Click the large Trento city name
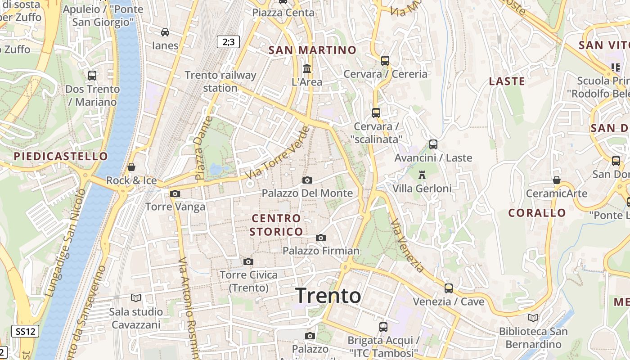(x=328, y=296)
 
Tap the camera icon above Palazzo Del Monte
(x=307, y=180)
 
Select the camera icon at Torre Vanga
(x=175, y=194)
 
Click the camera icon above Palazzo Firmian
(x=321, y=238)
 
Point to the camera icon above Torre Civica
(x=248, y=262)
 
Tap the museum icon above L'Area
(x=307, y=69)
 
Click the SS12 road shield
(x=25, y=332)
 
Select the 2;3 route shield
(x=228, y=42)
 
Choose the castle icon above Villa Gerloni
(x=422, y=175)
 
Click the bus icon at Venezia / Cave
(x=448, y=288)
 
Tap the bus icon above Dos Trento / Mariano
(x=92, y=76)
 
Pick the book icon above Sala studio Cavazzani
(x=135, y=298)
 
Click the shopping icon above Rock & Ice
(x=131, y=167)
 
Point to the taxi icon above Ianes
(x=165, y=32)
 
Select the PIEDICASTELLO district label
(x=61, y=157)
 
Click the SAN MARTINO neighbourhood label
(x=312, y=50)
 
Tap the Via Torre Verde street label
(x=278, y=153)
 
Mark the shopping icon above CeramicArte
(x=557, y=180)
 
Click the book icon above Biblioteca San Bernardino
(x=533, y=318)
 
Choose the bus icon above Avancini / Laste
(x=433, y=144)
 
